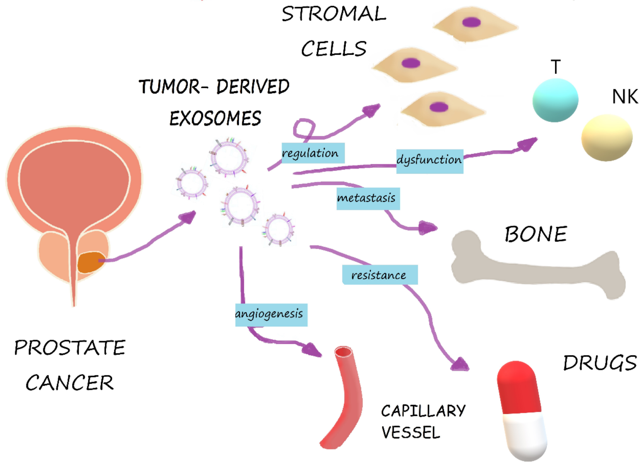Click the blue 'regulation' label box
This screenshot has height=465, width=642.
312,153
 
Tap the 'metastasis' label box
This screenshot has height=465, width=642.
367,199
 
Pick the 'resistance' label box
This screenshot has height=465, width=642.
379,275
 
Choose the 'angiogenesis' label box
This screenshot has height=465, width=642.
271,315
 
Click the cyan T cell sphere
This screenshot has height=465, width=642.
555,100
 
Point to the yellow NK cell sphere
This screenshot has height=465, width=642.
606,138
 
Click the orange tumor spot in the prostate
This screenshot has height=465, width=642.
90,262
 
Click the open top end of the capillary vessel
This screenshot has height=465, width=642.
343,352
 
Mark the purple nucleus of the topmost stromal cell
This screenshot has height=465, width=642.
471,22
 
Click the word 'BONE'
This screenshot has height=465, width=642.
536,234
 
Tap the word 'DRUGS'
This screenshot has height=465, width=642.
599,363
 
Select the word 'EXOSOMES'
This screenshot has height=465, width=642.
215,118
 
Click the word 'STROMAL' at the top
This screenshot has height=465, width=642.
333,14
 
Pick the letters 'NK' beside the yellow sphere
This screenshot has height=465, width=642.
625,97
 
